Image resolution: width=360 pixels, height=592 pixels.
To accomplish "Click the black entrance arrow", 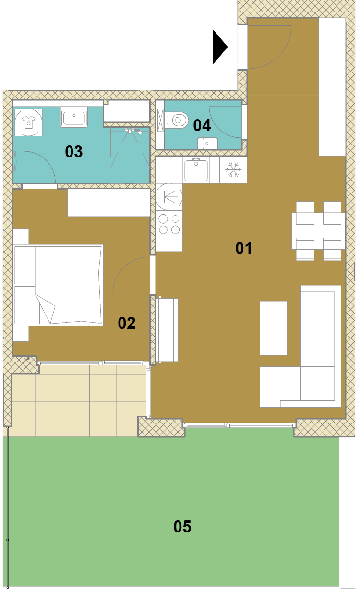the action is [219, 47].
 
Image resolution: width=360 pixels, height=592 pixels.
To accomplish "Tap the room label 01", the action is [243, 248].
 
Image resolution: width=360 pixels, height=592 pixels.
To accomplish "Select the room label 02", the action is [127, 323].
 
